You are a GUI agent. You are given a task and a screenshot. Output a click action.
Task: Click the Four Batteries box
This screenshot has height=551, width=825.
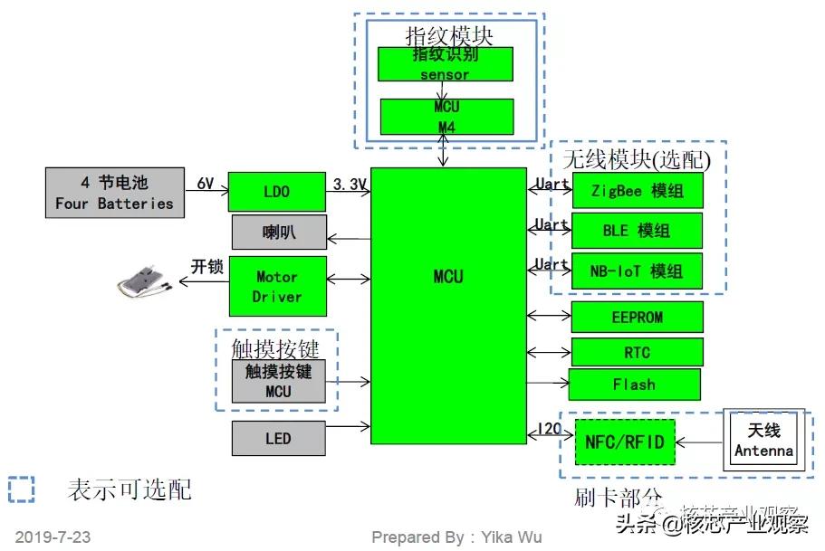(x=114, y=193)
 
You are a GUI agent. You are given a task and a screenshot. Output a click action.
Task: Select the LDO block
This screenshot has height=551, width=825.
(x=276, y=193)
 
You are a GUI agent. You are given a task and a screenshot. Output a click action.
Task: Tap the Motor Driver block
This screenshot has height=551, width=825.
(x=276, y=286)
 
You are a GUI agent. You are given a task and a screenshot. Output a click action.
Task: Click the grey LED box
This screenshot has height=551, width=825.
(x=278, y=439)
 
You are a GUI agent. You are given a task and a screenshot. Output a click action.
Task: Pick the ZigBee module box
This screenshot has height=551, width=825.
(x=637, y=191)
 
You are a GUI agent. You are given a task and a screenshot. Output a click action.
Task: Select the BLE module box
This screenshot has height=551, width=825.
(x=637, y=231)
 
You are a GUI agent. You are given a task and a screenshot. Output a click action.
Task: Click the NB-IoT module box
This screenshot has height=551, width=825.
(x=637, y=271)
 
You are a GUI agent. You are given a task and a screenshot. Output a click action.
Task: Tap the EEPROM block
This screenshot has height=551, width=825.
(x=637, y=317)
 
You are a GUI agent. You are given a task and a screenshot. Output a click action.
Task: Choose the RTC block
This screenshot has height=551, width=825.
(x=637, y=352)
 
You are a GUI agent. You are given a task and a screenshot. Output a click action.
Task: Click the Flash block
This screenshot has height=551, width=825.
(x=634, y=385)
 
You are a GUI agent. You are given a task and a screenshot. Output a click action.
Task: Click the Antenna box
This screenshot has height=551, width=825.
(x=763, y=441)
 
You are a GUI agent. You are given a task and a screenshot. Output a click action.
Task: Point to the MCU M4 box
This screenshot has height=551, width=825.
(x=446, y=117)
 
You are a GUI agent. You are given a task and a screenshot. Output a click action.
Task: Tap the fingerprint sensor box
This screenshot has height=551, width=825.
(x=445, y=64)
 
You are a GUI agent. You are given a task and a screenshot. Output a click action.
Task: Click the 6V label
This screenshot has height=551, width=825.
(x=206, y=184)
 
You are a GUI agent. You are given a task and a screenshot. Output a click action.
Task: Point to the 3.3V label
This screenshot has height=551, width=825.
(x=350, y=185)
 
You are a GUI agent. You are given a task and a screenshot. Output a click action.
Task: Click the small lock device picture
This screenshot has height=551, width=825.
(x=144, y=282)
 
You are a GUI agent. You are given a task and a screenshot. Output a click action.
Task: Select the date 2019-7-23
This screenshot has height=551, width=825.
(x=53, y=537)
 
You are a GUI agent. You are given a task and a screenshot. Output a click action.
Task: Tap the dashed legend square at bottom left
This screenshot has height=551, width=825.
(x=21, y=489)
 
